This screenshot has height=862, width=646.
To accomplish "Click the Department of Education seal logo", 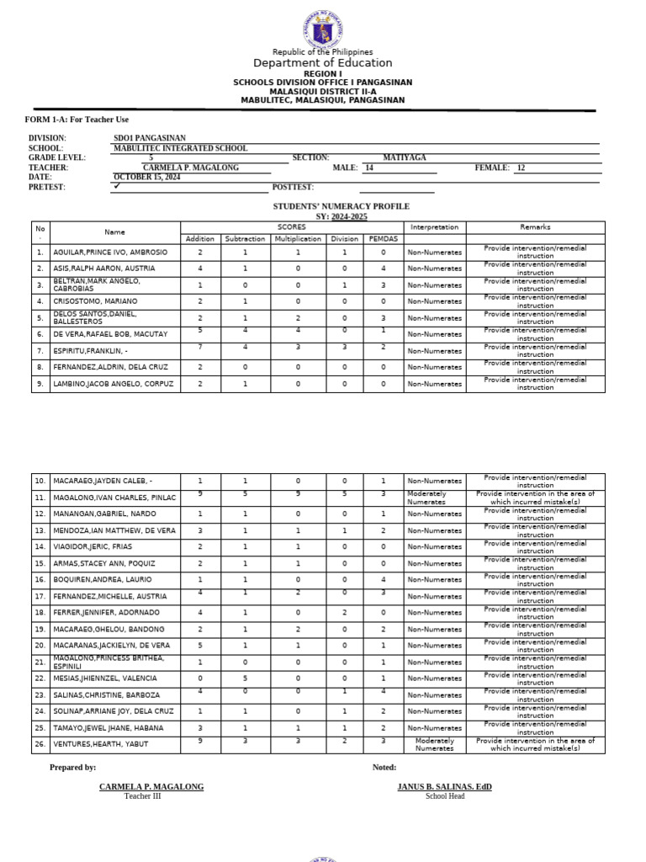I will (322, 29).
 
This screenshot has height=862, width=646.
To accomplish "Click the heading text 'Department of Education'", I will (322, 63).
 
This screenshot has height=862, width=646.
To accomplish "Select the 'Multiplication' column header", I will (298, 239).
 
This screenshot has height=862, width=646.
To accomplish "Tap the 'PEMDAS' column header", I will (383, 239).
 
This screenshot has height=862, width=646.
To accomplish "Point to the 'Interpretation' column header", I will (434, 227).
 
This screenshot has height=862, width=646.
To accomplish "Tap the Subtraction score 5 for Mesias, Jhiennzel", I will (245, 678).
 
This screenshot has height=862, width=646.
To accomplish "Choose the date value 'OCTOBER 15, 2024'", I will (147, 178).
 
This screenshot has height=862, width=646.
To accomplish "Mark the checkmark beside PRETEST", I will (117, 187).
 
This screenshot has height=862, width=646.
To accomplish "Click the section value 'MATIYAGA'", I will (405, 158).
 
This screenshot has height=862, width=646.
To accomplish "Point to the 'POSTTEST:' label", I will (293, 187).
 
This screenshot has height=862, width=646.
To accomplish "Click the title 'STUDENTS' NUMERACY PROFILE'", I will (341, 206).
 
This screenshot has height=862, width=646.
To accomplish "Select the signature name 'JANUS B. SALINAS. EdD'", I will (444, 787).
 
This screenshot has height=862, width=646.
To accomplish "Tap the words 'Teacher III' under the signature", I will (142, 796).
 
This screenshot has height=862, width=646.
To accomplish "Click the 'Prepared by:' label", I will (72, 768).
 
